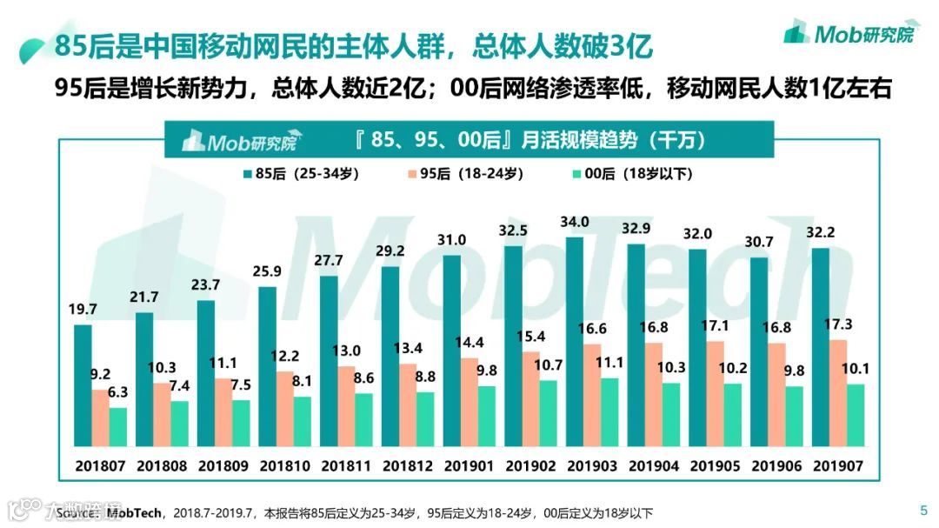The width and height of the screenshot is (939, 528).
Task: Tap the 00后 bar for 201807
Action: [x=118, y=427]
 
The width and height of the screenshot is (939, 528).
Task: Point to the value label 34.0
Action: [x=575, y=223]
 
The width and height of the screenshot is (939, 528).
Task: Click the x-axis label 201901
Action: [x=469, y=465]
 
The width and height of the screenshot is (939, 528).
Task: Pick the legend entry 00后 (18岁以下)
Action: [x=631, y=173]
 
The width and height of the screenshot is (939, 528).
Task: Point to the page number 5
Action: [x=922, y=511]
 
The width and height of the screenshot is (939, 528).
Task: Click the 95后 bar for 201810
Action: [x=284, y=409]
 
